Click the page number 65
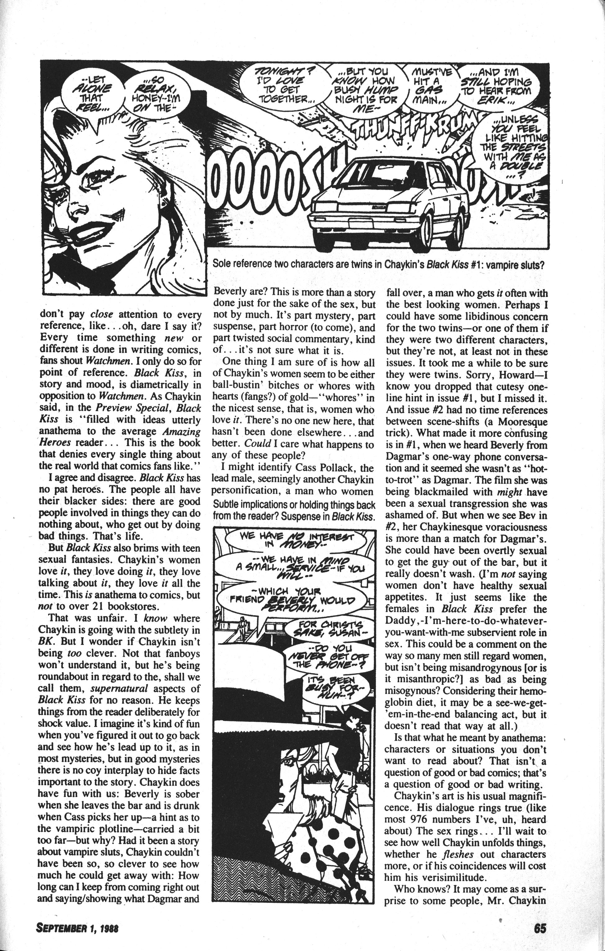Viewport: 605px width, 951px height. pyautogui.click(x=539, y=927)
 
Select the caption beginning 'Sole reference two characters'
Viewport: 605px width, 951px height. pyautogui.click(x=378, y=265)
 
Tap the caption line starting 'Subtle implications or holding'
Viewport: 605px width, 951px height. pyautogui.click(x=294, y=504)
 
